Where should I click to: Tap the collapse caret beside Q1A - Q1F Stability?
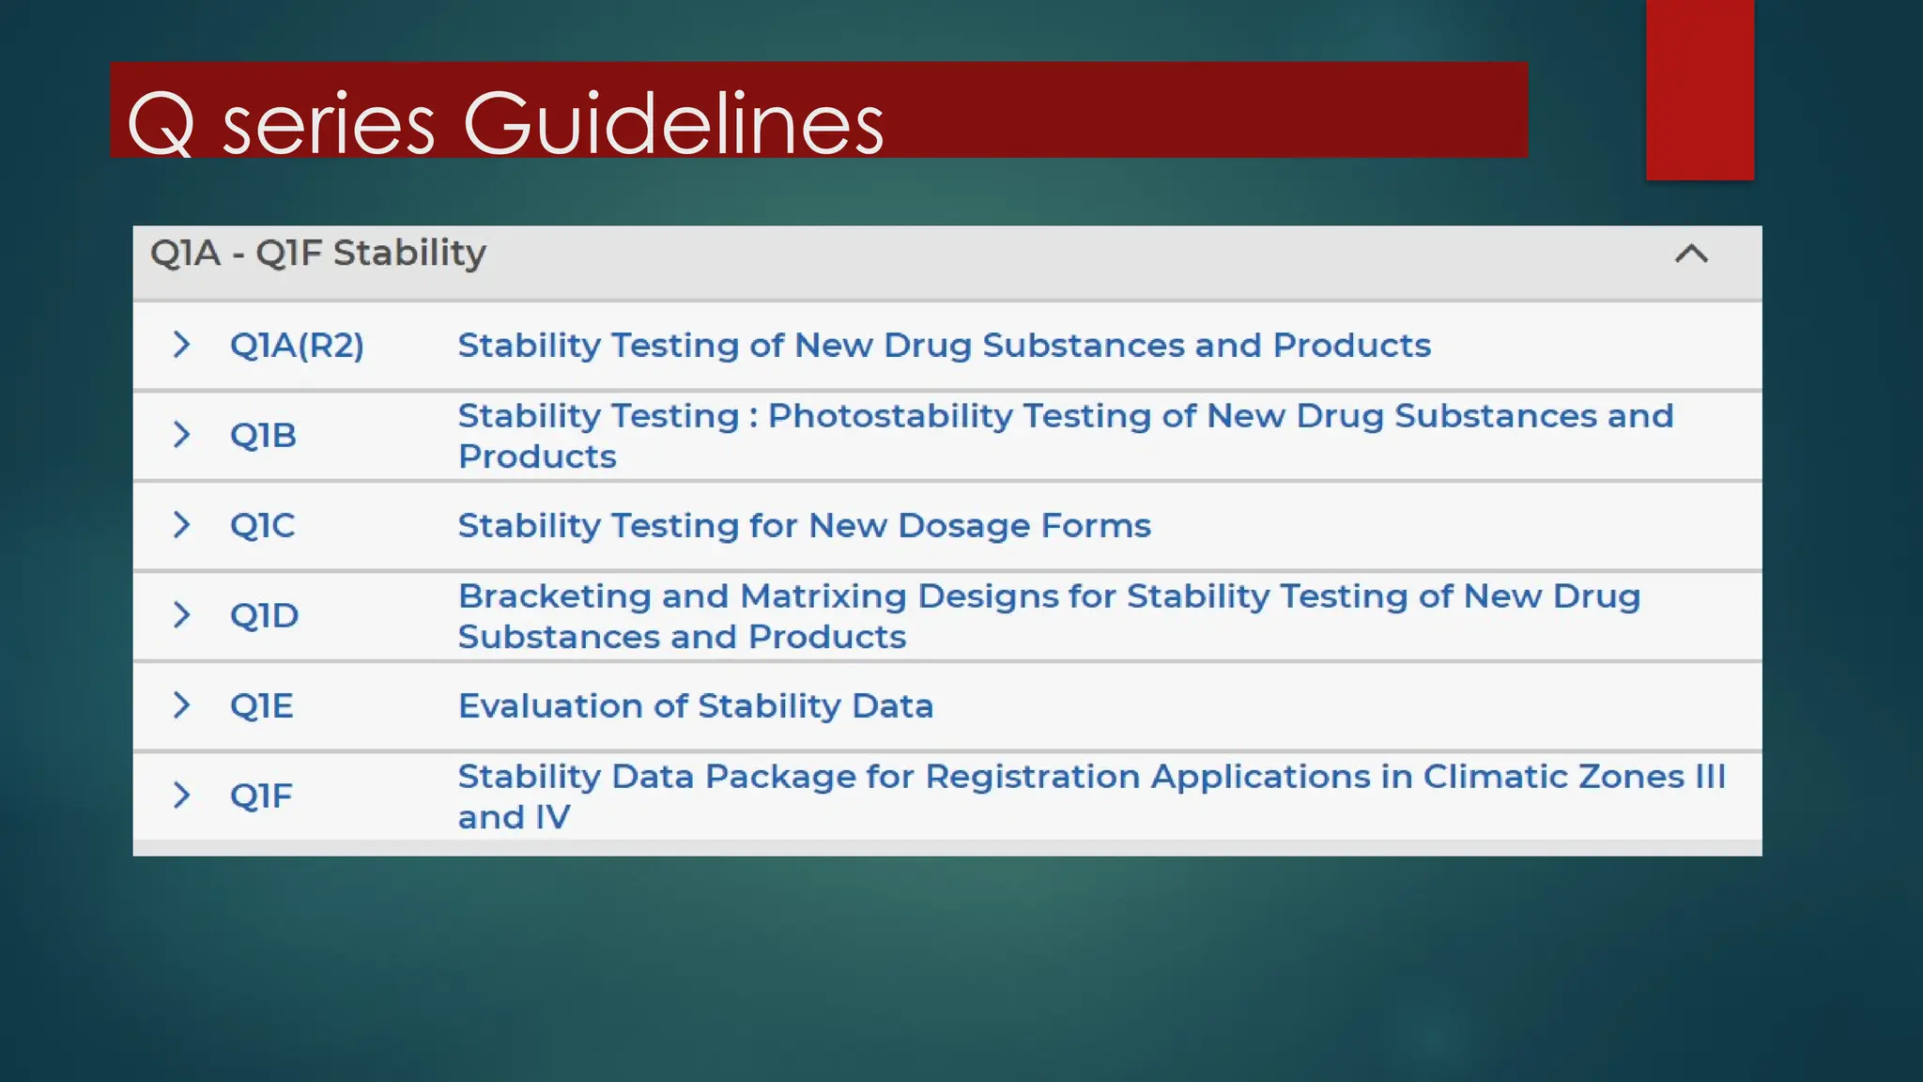tap(1691, 254)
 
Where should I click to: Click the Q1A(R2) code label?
tap(297, 346)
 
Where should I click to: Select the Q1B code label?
tap(263, 435)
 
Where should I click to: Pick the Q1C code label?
tap(262, 525)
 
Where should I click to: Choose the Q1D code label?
tap(264, 615)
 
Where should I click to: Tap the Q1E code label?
tap(261, 705)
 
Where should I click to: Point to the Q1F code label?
tap(261, 796)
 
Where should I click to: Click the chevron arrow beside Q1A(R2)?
tap(182, 345)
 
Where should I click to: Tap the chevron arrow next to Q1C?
tap(182, 525)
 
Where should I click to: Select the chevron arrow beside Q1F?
tap(182, 796)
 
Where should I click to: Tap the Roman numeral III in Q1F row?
tap(1710, 777)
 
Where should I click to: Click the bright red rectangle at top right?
tap(1700, 89)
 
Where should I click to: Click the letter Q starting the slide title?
tap(161, 125)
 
